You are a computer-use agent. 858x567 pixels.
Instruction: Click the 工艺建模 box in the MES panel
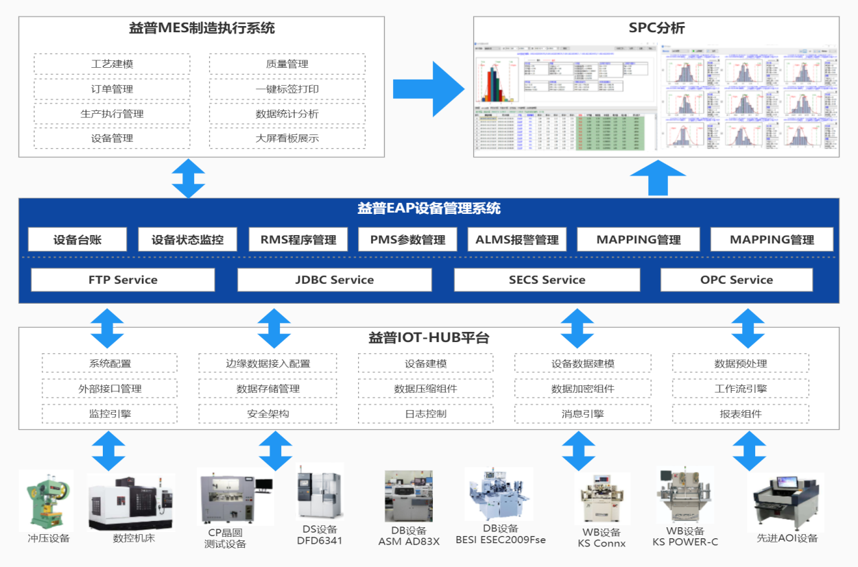tap(112, 64)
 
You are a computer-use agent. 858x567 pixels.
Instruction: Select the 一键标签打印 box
tap(287, 89)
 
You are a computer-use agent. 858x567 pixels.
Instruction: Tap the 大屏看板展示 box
tap(287, 138)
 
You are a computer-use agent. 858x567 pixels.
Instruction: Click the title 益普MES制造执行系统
tap(202, 29)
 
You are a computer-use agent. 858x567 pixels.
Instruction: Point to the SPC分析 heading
tap(656, 29)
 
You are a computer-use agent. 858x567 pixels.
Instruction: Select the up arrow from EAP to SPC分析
tap(658, 178)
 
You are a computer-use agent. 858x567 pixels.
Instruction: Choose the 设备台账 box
tap(78, 240)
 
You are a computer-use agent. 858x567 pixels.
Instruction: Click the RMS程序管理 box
tap(298, 240)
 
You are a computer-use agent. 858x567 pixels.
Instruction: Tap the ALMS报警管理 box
tap(517, 240)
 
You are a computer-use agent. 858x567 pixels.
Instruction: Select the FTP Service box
tap(123, 280)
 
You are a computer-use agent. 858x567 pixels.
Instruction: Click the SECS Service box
tap(547, 280)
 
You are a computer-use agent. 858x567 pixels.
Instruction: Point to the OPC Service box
tap(736, 280)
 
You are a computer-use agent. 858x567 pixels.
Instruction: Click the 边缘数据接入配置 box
tap(267, 363)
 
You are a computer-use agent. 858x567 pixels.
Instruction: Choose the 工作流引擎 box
tap(740, 389)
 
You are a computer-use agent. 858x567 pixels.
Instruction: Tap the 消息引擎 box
tap(582, 414)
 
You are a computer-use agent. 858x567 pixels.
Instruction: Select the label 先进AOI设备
tap(787, 538)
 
